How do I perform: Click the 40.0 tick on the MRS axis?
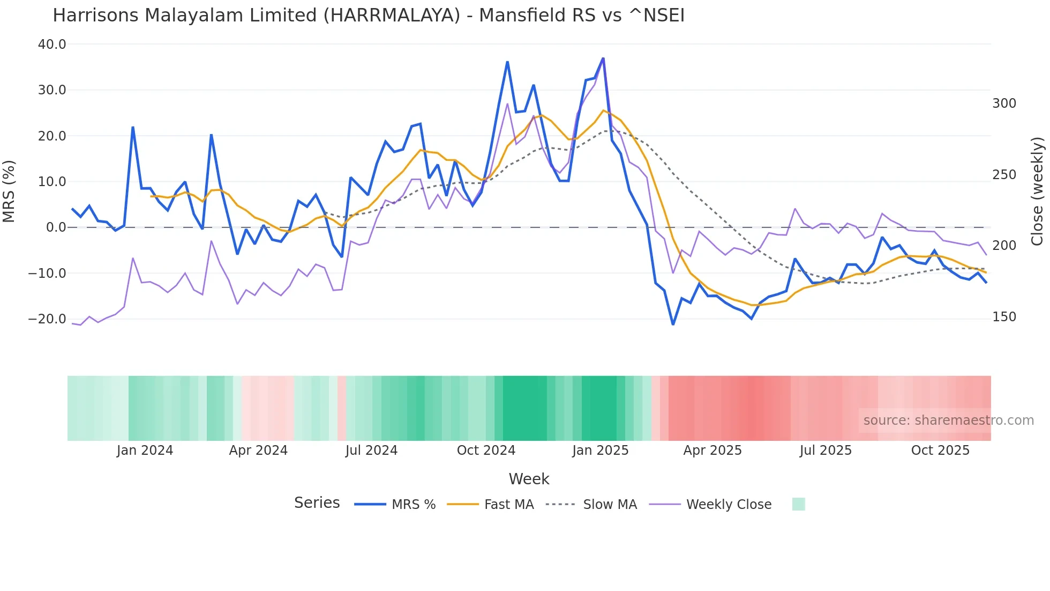click(52, 45)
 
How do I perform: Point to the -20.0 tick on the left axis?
click(47, 319)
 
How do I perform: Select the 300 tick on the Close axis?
click(1004, 104)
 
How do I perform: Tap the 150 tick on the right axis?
click(1004, 317)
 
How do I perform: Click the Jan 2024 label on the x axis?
click(145, 450)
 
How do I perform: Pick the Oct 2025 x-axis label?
click(940, 450)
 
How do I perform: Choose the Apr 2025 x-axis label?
click(712, 450)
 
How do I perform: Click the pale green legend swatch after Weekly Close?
click(798, 505)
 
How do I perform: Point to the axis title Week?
click(529, 479)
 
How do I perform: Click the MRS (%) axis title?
click(9, 191)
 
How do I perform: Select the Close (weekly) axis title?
click(1037, 191)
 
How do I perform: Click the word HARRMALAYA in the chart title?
click(391, 16)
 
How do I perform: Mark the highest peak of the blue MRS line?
click(603, 58)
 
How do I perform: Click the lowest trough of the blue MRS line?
click(673, 324)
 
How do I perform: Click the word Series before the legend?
click(317, 503)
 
